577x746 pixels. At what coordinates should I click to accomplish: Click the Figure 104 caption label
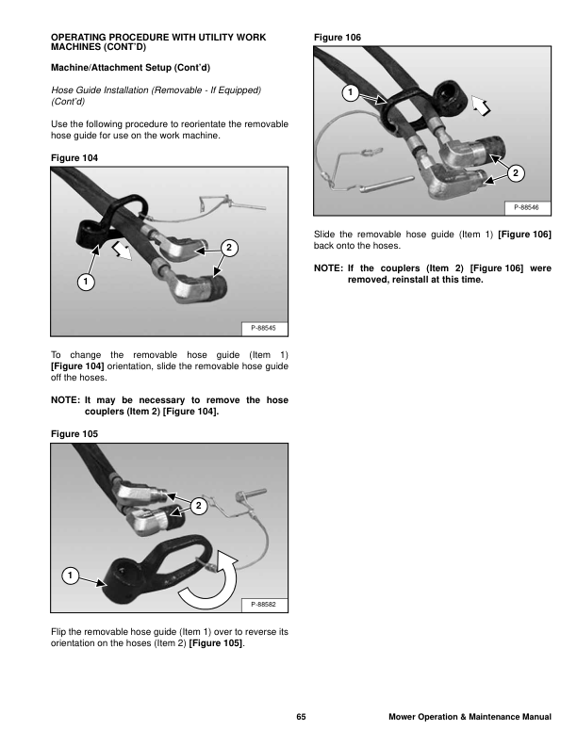pyautogui.click(x=74, y=155)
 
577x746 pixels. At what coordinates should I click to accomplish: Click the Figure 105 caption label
pyautogui.click(x=74, y=432)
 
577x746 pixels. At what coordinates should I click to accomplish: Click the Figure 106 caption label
pyautogui.click(x=337, y=37)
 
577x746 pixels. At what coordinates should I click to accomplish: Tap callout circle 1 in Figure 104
pyautogui.click(x=85, y=282)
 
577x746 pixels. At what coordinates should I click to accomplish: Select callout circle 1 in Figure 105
pyautogui.click(x=71, y=575)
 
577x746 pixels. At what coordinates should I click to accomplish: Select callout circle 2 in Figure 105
pyautogui.click(x=198, y=507)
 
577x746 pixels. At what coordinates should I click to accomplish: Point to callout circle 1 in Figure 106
pyautogui.click(x=349, y=92)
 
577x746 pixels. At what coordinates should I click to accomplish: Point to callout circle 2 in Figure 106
pyautogui.click(x=515, y=172)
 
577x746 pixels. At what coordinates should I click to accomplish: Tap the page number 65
pyautogui.click(x=301, y=718)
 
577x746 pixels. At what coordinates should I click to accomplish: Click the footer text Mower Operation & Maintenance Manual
pyautogui.click(x=470, y=718)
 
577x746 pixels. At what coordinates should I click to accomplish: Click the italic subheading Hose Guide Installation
pyautogui.click(x=154, y=89)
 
